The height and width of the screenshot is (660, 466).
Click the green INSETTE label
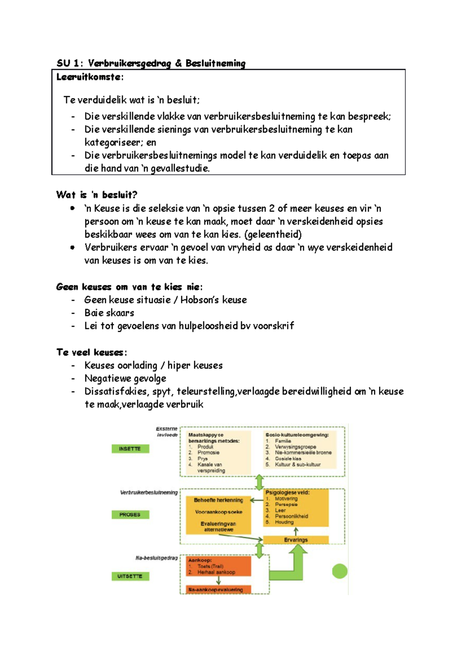pos(130,449)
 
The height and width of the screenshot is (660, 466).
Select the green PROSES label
pos(130,515)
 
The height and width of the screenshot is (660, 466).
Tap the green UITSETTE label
pos(130,576)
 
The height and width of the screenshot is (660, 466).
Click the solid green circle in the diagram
pos(340,571)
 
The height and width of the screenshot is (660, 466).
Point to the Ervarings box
pos(296,540)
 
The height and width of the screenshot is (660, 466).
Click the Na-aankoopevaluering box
pos(218,590)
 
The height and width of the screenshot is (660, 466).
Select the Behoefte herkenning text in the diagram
pos(218,500)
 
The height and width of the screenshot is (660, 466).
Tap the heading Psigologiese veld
pos(287,492)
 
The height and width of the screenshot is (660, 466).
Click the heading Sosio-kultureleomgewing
pos(297,435)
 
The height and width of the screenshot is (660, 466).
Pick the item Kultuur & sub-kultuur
pos(297,464)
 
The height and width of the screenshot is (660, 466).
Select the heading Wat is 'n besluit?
pos(97,195)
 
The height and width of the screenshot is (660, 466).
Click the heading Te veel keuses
pos(91,353)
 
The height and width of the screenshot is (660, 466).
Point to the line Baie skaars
pos(109,313)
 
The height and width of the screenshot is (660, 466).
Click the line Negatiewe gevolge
pos(125,379)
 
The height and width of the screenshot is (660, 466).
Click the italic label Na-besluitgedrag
pos(156,558)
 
